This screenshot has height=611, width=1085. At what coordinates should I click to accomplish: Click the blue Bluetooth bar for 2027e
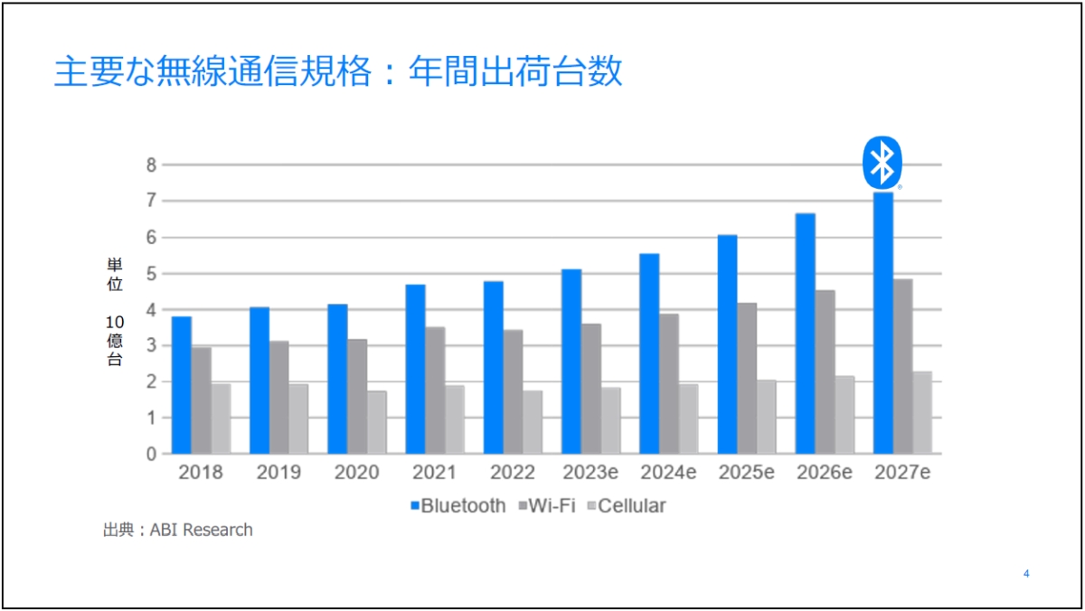click(x=882, y=323)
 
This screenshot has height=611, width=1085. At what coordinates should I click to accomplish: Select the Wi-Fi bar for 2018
click(x=201, y=400)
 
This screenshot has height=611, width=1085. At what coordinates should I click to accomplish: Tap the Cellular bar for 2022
click(x=532, y=422)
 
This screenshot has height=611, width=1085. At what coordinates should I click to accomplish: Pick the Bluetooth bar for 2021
click(x=415, y=369)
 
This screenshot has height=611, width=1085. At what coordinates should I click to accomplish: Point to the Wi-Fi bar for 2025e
click(x=747, y=378)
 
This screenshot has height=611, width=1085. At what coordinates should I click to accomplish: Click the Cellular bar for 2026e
click(x=844, y=415)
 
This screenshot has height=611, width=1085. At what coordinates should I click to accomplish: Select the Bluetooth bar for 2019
click(x=259, y=381)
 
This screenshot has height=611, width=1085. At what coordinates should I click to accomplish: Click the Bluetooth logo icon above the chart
click(x=881, y=163)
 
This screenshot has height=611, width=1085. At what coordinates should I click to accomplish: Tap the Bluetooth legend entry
click(x=458, y=506)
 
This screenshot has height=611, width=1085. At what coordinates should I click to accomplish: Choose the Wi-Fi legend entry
click(x=547, y=506)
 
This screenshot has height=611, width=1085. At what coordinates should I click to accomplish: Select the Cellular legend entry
click(x=626, y=506)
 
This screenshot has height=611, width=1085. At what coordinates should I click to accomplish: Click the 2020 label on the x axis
click(x=356, y=473)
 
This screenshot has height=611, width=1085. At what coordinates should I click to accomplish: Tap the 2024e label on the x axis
click(x=669, y=473)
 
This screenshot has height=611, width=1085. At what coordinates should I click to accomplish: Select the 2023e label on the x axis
click(x=590, y=473)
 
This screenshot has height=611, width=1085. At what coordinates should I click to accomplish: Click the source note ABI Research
click(x=178, y=531)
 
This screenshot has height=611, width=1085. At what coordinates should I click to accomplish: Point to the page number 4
click(x=1026, y=574)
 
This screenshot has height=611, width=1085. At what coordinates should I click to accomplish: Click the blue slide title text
click(x=338, y=72)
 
